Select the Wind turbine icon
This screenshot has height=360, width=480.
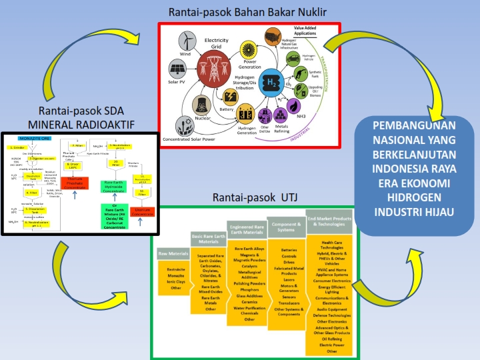(186, 42)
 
